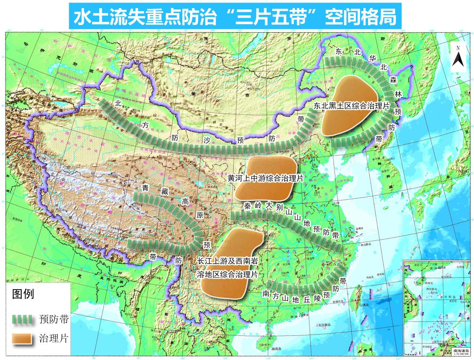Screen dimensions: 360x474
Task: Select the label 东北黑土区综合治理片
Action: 351,106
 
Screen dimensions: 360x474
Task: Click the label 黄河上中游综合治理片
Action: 265,179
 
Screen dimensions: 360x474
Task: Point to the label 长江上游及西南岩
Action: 228,261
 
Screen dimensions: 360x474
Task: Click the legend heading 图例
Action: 23,294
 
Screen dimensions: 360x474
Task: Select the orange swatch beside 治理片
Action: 23,338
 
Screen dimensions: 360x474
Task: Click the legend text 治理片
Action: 53,338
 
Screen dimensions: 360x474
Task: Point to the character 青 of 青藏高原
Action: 145,187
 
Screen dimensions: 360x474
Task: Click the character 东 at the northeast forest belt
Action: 338,52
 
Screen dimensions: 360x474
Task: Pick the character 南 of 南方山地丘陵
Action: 266,293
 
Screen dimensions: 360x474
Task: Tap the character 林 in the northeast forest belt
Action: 398,94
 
